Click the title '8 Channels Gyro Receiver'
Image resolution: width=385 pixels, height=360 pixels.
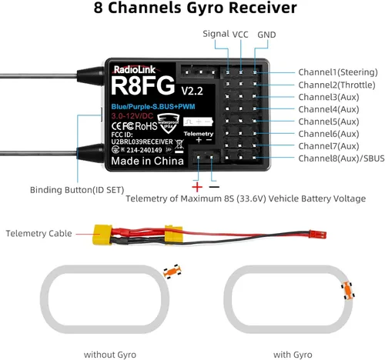192,11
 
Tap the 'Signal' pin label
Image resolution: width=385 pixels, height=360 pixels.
216,34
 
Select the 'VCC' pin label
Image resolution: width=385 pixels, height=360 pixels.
241,34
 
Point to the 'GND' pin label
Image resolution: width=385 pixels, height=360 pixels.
266,35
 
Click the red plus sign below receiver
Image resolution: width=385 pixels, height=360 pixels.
196,187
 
